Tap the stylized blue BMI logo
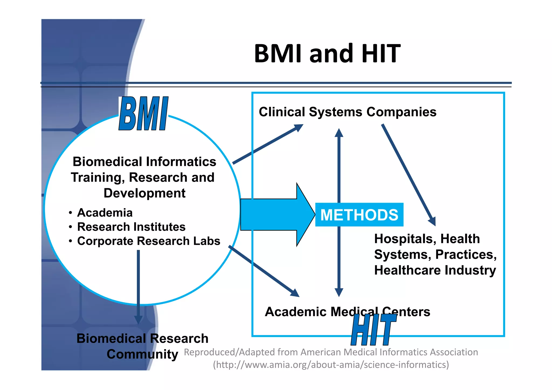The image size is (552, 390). click(x=143, y=114)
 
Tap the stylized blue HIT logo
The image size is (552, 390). click(x=374, y=330)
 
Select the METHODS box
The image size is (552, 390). click(x=359, y=215)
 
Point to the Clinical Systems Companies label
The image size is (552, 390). click(x=347, y=112)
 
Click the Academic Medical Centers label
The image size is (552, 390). click(x=347, y=312)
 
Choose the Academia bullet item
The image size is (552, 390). click(x=105, y=213)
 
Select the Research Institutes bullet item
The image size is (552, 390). click(x=131, y=227)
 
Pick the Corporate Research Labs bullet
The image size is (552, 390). click(x=149, y=241)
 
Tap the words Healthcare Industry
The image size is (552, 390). click(x=435, y=270)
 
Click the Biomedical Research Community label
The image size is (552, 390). click(x=142, y=346)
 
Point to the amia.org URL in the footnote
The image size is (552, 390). click(x=331, y=365)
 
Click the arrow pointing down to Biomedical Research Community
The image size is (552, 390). click(x=138, y=285)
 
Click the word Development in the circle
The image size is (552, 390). click(x=144, y=193)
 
